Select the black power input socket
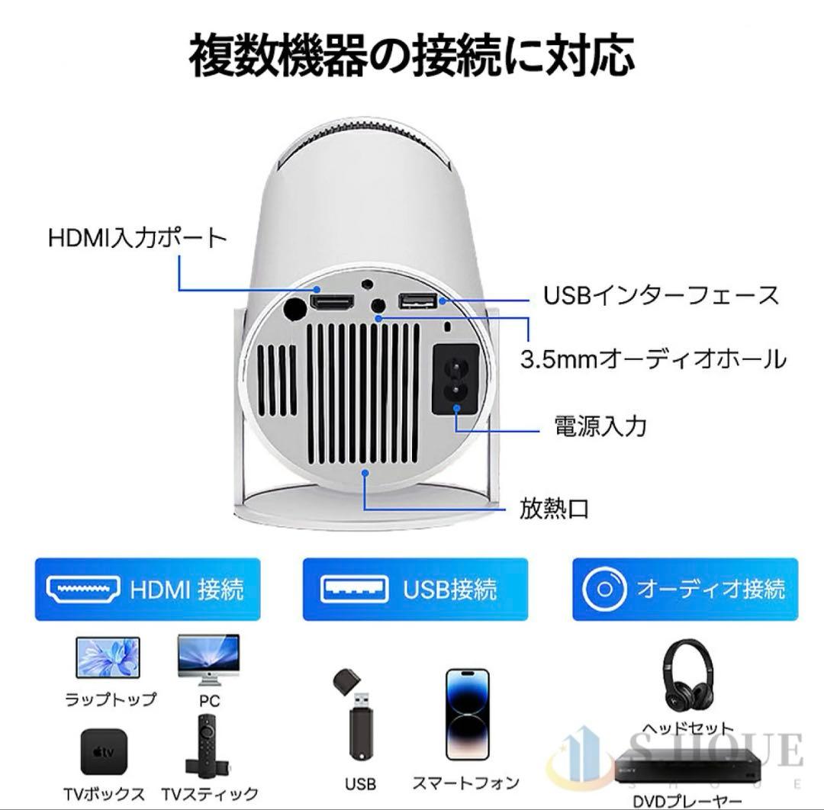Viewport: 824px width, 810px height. [x=455, y=379]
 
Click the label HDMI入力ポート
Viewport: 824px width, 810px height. [x=138, y=238]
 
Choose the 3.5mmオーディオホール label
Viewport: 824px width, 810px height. [x=652, y=358]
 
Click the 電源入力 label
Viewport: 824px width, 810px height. [x=600, y=425]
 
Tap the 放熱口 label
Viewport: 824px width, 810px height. [x=555, y=508]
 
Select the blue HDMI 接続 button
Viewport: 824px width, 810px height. [x=147, y=589]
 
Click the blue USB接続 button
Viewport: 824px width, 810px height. [x=415, y=589]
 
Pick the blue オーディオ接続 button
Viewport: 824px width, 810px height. [x=684, y=589]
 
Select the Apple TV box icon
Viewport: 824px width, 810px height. [x=105, y=751]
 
